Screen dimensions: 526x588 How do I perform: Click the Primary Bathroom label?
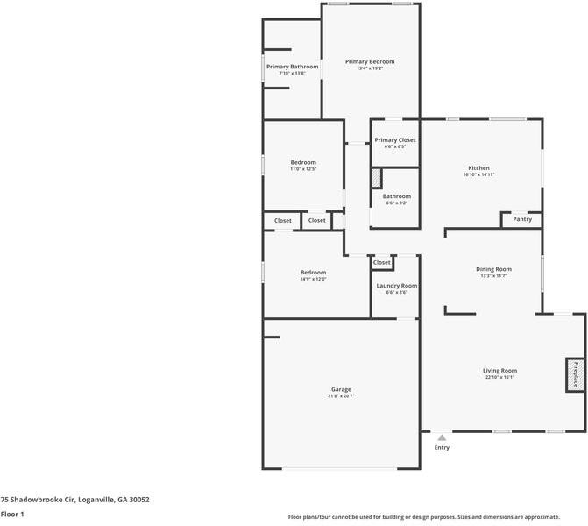click(x=292, y=67)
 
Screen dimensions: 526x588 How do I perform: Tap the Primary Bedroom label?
click(x=370, y=61)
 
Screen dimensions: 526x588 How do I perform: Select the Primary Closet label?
click(x=395, y=140)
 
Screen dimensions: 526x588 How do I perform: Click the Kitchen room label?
click(x=478, y=167)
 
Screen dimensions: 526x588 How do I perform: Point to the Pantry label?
click(x=522, y=219)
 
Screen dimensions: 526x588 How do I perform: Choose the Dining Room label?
click(x=493, y=269)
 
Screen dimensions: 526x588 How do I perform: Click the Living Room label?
click(x=499, y=370)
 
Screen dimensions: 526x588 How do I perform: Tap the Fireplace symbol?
click(x=576, y=374)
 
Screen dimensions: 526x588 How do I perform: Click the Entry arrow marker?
click(x=442, y=437)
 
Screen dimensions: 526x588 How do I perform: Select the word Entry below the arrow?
click(x=442, y=448)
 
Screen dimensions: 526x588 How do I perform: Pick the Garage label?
click(x=341, y=389)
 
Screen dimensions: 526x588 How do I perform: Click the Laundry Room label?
click(x=396, y=286)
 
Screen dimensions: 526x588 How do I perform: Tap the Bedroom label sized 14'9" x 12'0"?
click(x=313, y=272)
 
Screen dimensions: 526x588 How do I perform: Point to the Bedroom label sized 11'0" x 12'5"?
click(x=303, y=162)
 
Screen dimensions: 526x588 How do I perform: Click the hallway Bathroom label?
click(x=396, y=196)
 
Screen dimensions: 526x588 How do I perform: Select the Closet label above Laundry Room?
click(x=382, y=262)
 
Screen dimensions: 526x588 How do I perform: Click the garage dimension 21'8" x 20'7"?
click(x=341, y=396)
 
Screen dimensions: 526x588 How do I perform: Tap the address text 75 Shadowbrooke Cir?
click(x=74, y=499)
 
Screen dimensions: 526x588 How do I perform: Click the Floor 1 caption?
click(x=12, y=514)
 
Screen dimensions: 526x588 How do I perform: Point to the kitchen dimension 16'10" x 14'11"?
click(x=478, y=174)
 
